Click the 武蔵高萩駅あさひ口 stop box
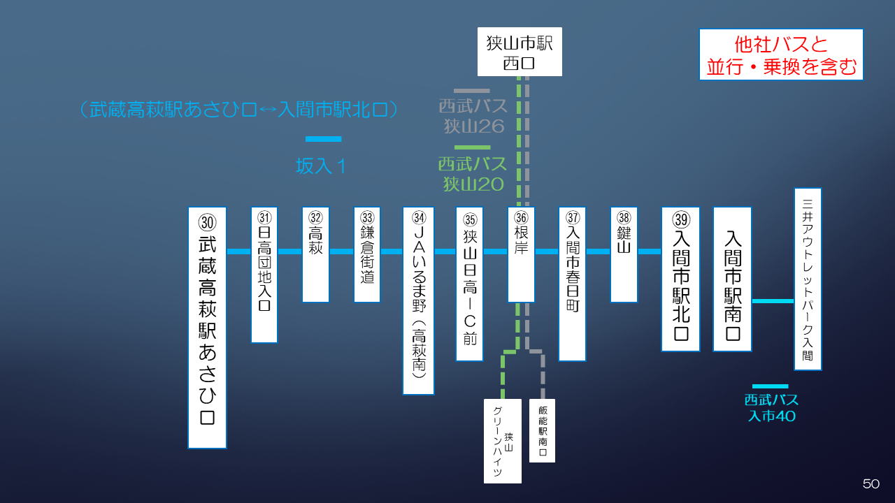[207, 327]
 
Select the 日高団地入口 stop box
[264, 275]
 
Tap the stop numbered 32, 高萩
[315, 254]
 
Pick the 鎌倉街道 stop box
[367, 254]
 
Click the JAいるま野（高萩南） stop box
[418, 300]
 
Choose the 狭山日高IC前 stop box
[469, 284]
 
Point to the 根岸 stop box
[521, 254]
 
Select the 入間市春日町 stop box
[572, 284]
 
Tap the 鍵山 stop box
[624, 254]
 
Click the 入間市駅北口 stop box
[680, 279]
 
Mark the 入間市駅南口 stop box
[732, 279]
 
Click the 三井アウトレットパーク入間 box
[808, 279]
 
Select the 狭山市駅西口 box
[520, 52]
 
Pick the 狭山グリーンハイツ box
[503, 441]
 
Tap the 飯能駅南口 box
[543, 430]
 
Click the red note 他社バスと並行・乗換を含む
[781, 54]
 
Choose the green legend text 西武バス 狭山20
[473, 174]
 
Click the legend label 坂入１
[322, 166]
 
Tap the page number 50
[871, 483]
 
